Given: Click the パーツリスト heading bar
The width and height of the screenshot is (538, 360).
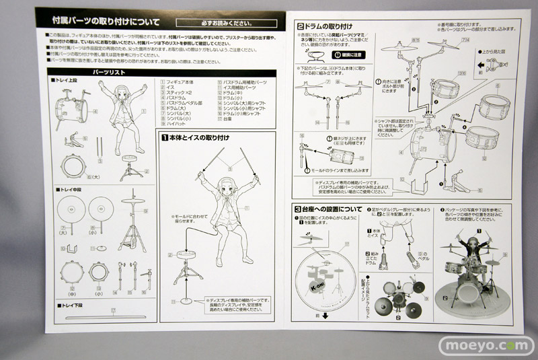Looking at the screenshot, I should pyautogui.click(x=100, y=71).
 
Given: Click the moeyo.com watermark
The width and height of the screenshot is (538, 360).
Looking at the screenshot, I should pyautogui.click(x=486, y=344).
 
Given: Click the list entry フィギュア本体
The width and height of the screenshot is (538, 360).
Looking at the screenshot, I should pyautogui.click(x=182, y=80).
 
